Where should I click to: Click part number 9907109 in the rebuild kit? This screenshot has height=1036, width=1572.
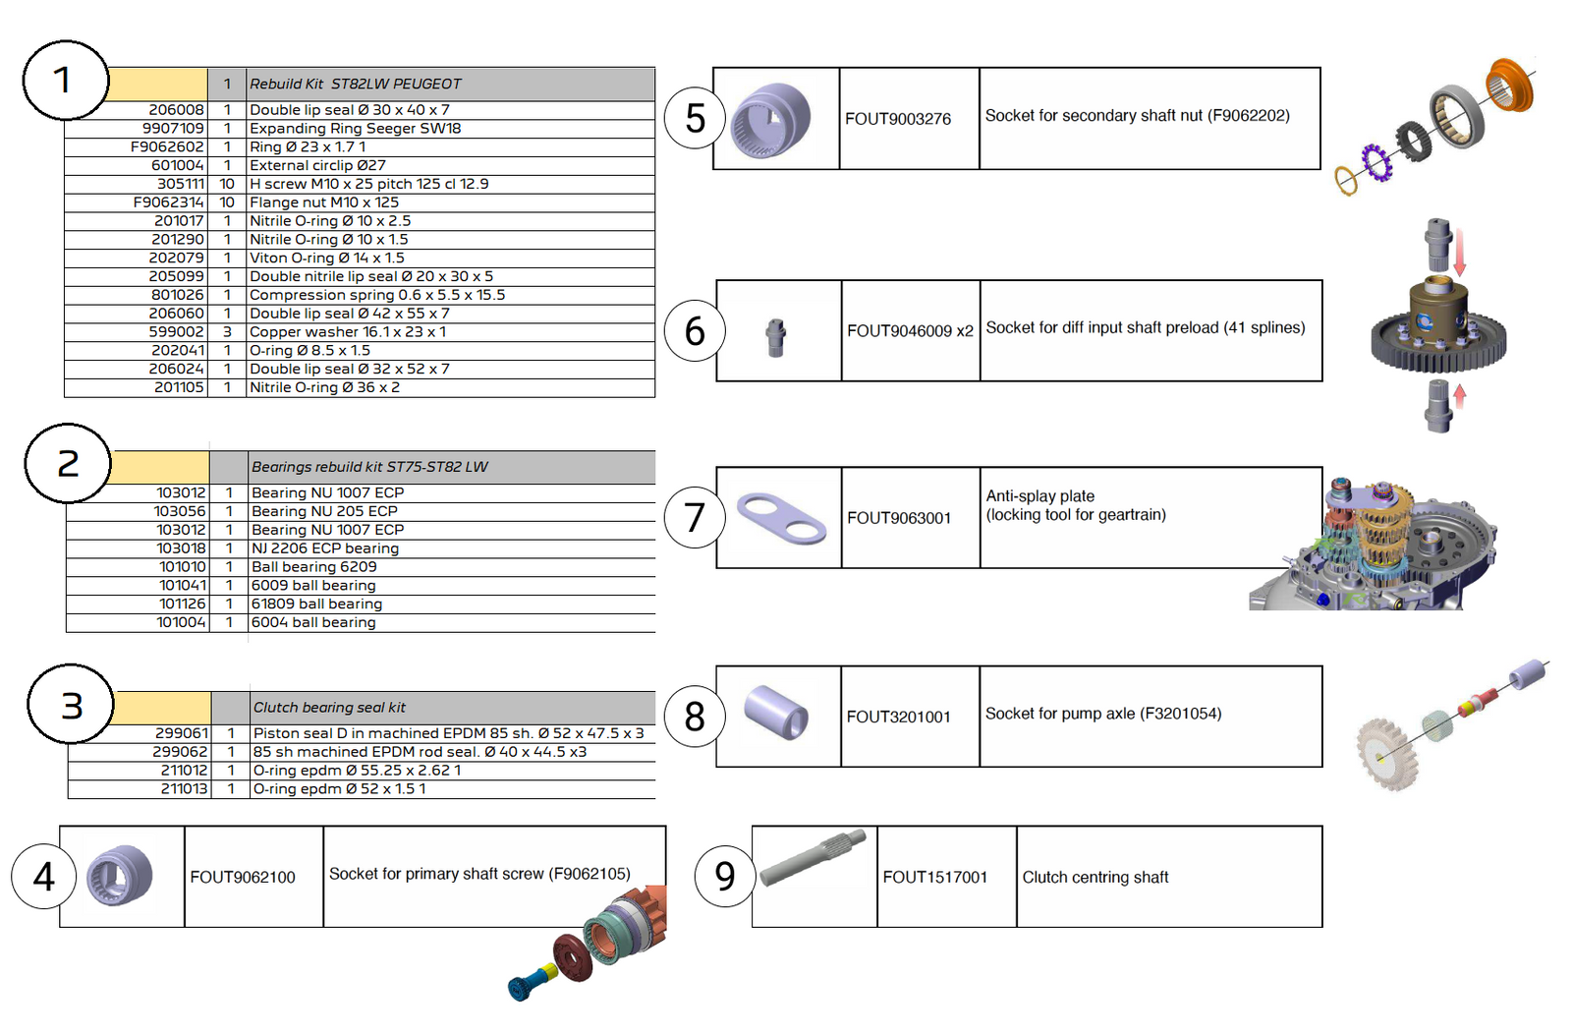click(173, 129)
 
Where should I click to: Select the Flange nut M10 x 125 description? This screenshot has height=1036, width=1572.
click(324, 202)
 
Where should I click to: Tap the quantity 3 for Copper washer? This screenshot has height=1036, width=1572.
click(227, 332)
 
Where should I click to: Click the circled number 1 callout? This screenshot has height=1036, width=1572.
click(63, 81)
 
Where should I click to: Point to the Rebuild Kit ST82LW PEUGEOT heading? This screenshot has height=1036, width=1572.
click(355, 85)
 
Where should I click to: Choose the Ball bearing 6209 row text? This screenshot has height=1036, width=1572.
click(313, 567)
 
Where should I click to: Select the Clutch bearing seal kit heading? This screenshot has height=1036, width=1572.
click(329, 708)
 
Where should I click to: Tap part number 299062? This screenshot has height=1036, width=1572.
click(180, 752)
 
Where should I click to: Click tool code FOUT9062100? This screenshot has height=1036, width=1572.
click(243, 878)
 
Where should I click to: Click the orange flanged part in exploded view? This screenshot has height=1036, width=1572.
click(1509, 86)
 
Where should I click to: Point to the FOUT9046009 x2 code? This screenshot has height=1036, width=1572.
click(910, 331)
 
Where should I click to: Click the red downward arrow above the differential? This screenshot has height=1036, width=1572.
click(1460, 254)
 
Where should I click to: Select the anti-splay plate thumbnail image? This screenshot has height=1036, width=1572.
click(781, 518)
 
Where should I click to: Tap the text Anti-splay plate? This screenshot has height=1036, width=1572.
click(1039, 496)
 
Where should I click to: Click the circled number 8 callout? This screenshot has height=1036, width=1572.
click(695, 717)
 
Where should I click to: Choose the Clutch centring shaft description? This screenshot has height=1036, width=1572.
click(1095, 878)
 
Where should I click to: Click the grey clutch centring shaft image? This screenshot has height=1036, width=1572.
click(813, 856)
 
